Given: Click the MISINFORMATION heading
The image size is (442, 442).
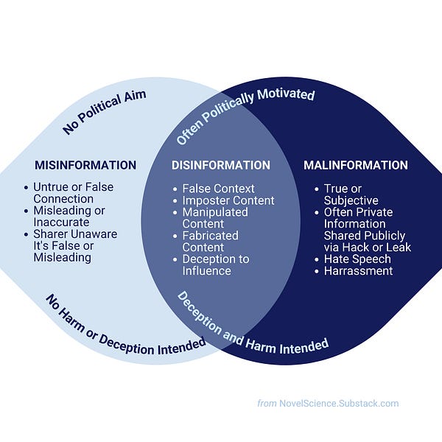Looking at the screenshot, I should point(85,165).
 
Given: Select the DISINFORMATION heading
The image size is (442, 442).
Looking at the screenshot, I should point(221,165).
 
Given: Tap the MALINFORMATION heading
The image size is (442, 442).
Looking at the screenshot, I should point(356,165).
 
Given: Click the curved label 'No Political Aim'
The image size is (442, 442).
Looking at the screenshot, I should point(104,112).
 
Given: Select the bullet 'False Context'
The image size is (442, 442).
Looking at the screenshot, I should point(218,189).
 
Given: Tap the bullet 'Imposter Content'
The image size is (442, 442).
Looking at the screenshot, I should point(228,200).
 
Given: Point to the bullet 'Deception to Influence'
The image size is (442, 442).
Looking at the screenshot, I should point(216,265).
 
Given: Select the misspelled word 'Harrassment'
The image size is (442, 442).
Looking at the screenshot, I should point(358,271).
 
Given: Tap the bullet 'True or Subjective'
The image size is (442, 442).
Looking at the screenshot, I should point(351,194).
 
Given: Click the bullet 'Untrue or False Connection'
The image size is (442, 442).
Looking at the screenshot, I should point(73,193).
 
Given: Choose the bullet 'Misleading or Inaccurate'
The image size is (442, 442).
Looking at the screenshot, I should point(69,217).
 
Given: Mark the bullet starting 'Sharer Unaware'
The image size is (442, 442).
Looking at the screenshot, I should point(74,246).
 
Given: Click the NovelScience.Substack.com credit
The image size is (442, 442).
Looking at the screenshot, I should point(338,403).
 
